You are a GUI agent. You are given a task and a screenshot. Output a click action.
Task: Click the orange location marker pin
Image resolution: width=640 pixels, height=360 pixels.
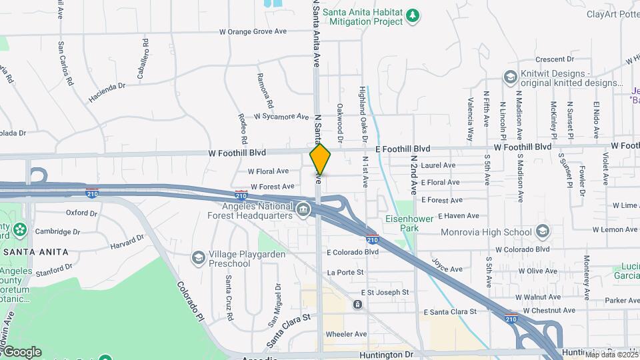point(320,159)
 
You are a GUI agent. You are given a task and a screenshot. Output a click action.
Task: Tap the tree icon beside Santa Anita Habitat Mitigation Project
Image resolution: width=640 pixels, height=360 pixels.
point(413,15)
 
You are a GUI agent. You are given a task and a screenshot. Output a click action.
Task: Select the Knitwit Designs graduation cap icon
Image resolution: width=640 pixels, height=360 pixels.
point(511,77)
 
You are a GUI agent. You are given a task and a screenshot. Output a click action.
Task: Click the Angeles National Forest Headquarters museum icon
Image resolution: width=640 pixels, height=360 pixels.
point(303,210)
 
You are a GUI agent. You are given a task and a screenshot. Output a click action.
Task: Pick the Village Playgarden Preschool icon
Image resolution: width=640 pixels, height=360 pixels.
point(198,257)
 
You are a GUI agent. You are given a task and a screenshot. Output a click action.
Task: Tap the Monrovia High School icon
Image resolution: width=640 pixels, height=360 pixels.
point(542,231)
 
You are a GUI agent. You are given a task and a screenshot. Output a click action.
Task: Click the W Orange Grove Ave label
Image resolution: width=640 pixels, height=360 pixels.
point(253,31)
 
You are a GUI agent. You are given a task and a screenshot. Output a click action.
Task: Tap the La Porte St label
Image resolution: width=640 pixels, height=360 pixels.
point(345,273)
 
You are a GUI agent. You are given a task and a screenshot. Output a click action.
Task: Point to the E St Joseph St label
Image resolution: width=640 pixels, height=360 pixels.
point(385,293)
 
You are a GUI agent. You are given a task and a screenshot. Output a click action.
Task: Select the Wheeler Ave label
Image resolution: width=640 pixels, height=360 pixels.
point(346,334)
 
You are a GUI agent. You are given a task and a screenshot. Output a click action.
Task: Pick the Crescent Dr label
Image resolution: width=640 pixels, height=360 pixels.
point(550,59)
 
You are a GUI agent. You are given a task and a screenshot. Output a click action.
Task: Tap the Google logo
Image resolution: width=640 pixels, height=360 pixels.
point(21,351)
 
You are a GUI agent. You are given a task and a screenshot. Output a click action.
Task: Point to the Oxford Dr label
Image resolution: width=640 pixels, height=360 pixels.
point(81,213)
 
